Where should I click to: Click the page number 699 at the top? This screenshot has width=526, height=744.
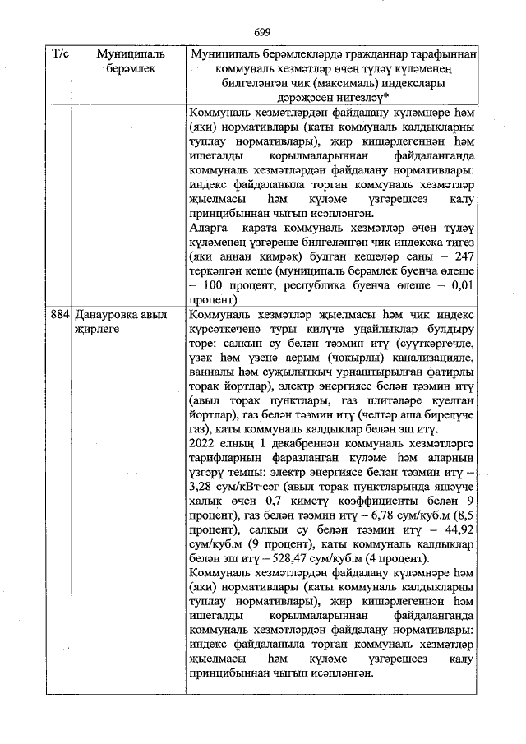click(262, 31)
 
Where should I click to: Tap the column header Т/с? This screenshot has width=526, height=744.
click(60, 53)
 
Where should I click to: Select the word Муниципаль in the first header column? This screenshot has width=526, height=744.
click(118, 53)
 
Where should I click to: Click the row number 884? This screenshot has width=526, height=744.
click(59, 315)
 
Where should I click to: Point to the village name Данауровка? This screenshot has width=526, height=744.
click(104, 315)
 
